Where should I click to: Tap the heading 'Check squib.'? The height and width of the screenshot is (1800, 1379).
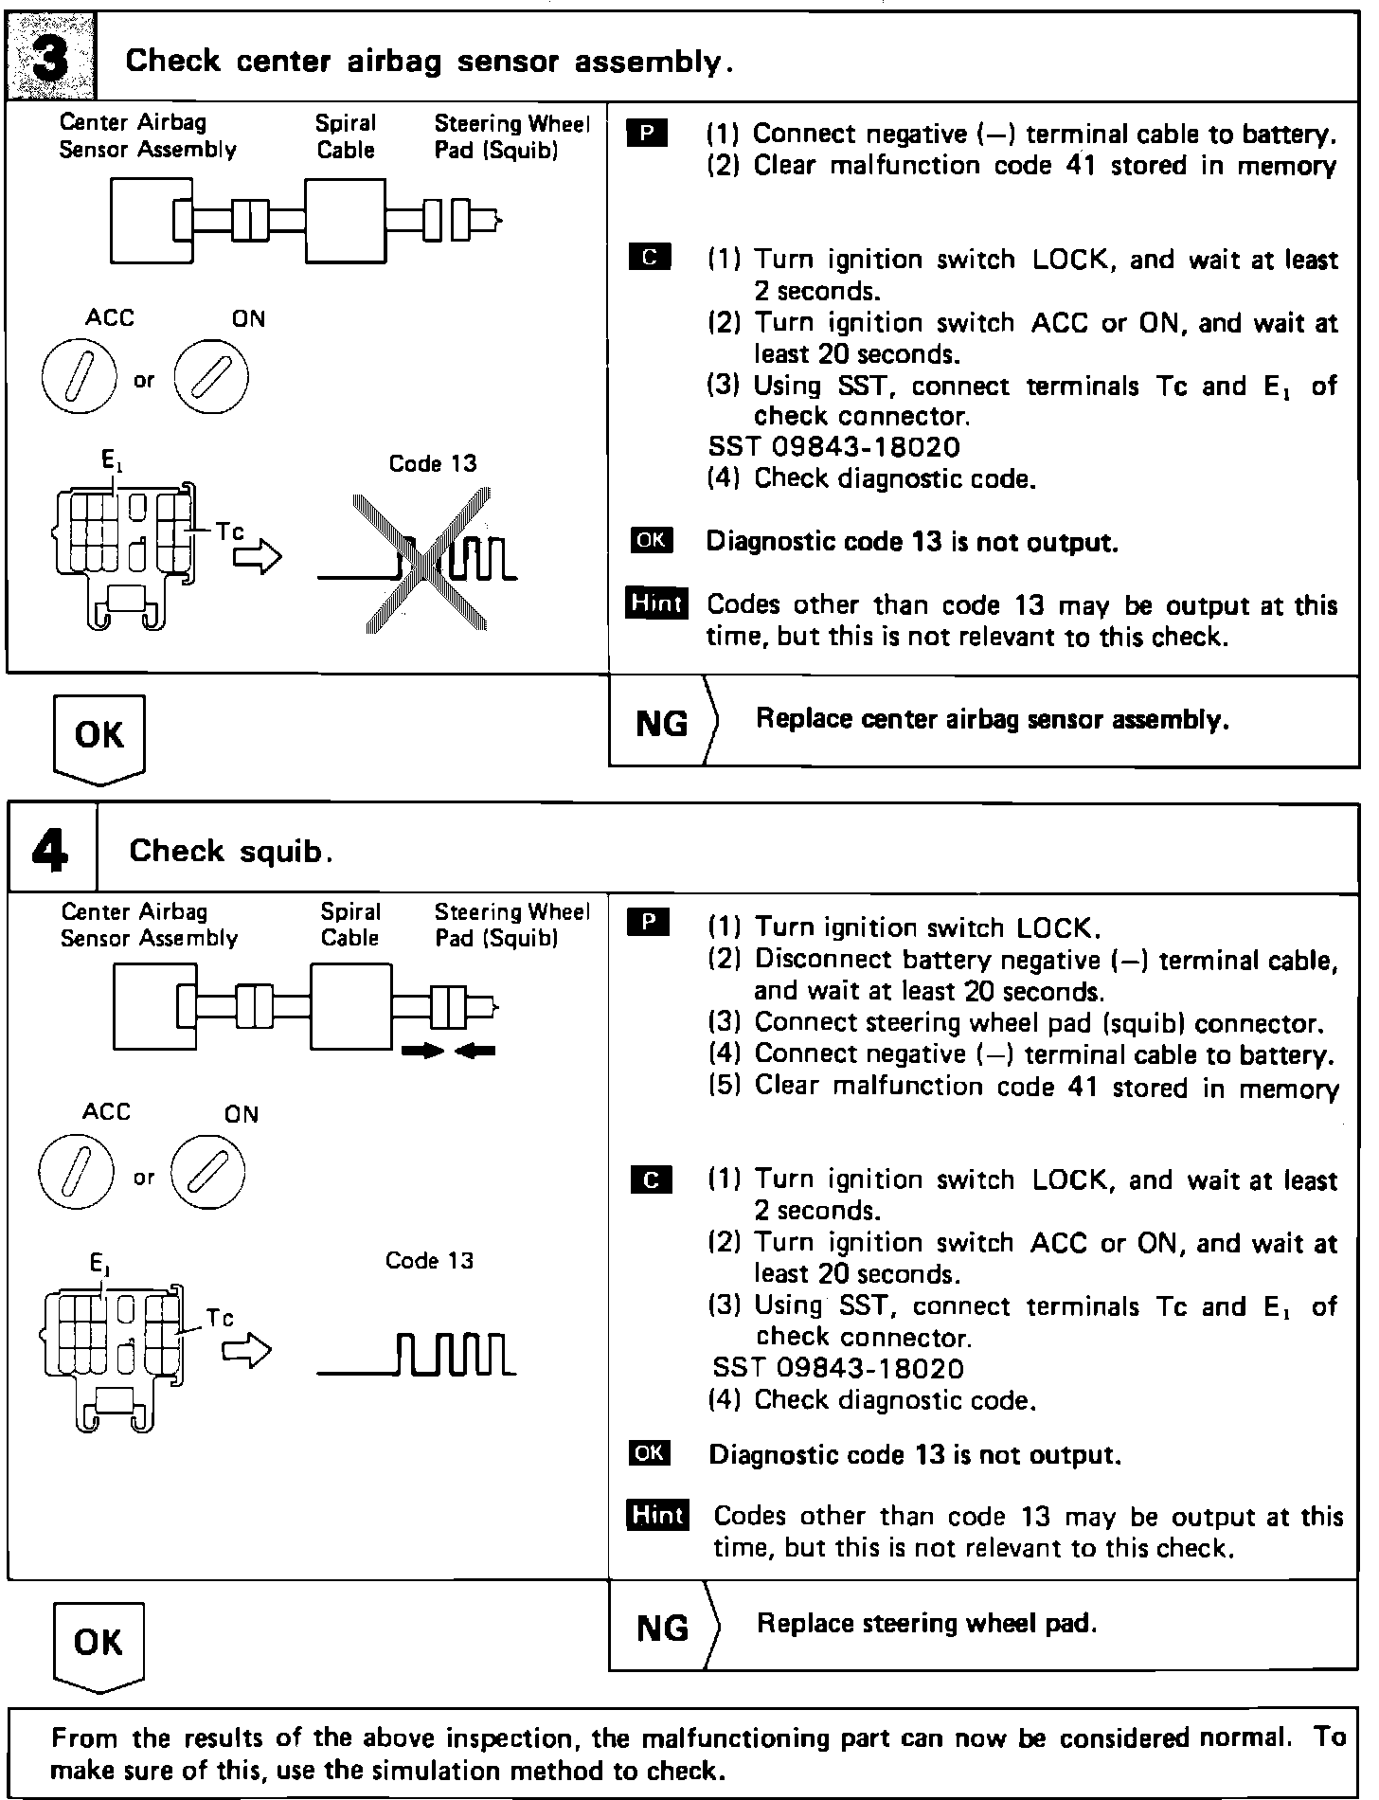tap(230, 851)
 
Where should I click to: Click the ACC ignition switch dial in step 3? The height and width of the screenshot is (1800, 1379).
tap(80, 377)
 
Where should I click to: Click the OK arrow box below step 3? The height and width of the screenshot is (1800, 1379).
tap(98, 737)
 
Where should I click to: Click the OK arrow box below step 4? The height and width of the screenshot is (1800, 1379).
tap(98, 1644)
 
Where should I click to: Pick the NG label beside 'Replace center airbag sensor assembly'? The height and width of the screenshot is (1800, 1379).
tap(662, 724)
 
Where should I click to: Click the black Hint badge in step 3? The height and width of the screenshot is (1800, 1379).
tap(656, 603)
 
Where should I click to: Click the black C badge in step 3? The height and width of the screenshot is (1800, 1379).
tap(650, 257)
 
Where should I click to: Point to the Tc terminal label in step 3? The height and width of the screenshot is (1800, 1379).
tap(229, 531)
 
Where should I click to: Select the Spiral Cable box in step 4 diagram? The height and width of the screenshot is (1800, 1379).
tap(350, 1007)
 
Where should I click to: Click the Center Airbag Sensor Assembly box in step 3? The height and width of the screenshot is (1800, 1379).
tap(152, 220)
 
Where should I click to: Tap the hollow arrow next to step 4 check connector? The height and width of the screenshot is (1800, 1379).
tap(246, 1351)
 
